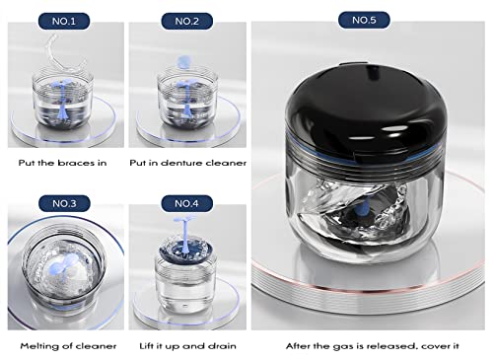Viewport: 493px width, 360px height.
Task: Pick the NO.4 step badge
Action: click(x=186, y=204)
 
